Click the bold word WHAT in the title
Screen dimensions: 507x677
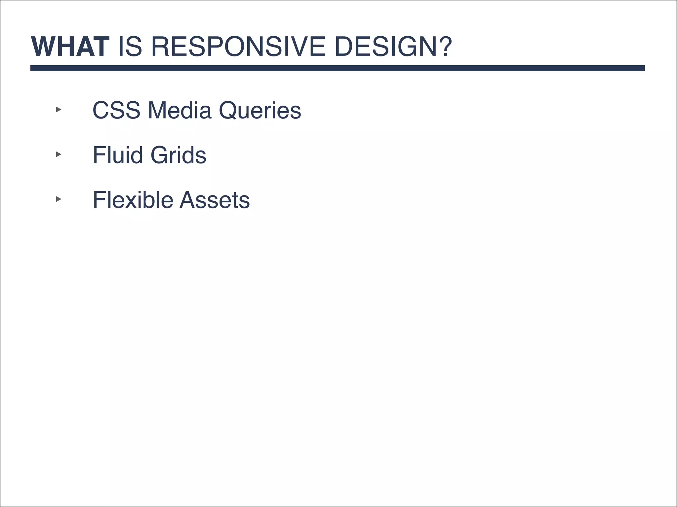point(70,47)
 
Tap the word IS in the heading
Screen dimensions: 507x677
point(130,47)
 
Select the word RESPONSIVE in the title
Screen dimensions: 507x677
point(238,47)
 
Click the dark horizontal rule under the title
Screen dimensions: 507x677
point(337,68)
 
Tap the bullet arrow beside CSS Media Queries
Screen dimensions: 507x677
point(59,110)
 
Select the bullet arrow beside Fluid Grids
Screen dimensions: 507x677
point(59,154)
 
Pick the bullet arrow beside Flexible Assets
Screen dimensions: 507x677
point(59,199)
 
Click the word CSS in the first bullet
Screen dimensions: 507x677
point(116,110)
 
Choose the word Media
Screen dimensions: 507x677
point(179,110)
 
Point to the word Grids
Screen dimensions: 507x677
point(178,155)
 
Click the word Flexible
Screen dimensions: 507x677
point(133,200)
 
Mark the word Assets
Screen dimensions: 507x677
point(215,200)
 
